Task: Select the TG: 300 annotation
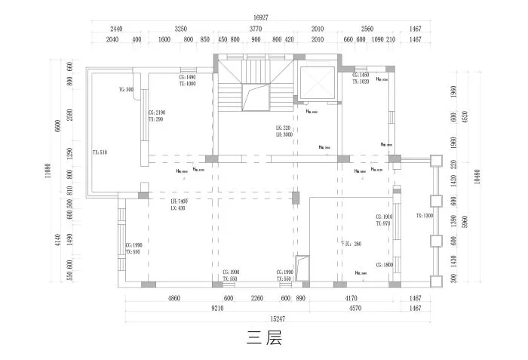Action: [x=126, y=90]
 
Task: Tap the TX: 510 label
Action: [x=100, y=152]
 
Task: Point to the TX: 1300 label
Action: [x=425, y=216]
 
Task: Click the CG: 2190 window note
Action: [x=157, y=112]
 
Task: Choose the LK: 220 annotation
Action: [x=283, y=128]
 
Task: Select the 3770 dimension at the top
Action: [x=256, y=29]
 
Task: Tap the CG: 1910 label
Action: [x=382, y=217]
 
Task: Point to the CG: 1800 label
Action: [x=382, y=265]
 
